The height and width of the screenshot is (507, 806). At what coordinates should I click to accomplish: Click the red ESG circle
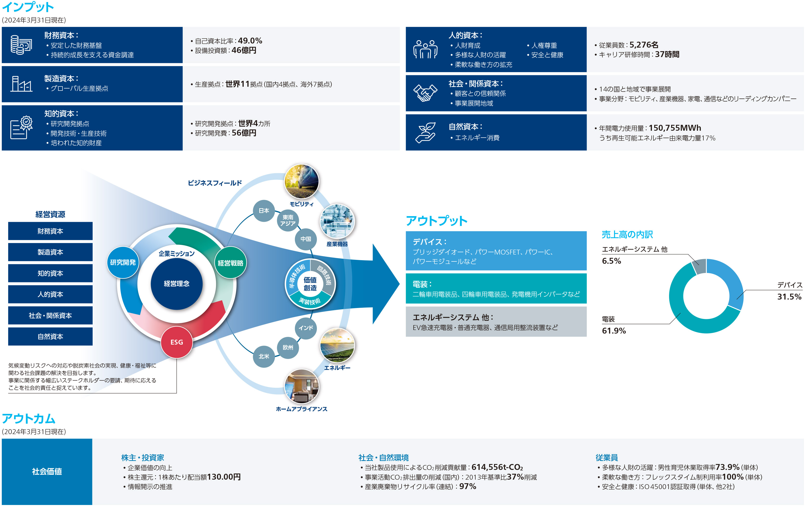[177, 342]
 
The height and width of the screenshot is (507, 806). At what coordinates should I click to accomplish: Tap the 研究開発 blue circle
[123, 262]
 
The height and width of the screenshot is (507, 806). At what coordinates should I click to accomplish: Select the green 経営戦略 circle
[230, 263]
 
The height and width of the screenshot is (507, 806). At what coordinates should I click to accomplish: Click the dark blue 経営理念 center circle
[177, 284]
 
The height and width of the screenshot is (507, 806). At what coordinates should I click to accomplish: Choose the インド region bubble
[306, 328]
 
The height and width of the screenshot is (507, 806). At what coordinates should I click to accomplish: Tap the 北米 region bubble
[264, 357]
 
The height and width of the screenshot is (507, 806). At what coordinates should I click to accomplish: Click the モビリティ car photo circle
[302, 182]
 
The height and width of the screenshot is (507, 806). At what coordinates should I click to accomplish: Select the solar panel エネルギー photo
[337, 345]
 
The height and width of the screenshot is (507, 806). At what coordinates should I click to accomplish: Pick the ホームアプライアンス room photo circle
[302, 387]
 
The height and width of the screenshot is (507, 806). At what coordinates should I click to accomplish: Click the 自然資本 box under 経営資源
[50, 336]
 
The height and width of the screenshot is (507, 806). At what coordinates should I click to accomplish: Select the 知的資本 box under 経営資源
[50, 273]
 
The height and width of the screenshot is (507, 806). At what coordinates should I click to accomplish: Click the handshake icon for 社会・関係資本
[425, 93]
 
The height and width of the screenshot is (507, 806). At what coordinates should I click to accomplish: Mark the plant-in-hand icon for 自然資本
[425, 133]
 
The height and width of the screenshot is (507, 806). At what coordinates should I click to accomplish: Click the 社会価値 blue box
[47, 471]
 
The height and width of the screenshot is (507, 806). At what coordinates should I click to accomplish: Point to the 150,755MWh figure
[674, 128]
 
